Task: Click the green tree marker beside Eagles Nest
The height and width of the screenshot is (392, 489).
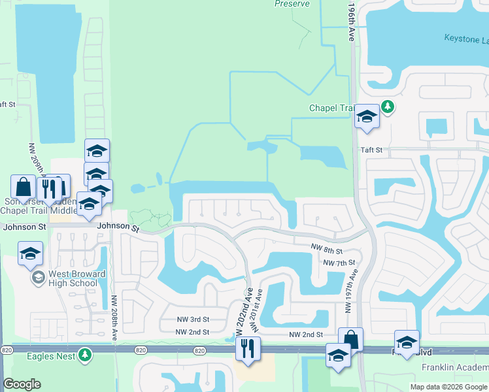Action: (x=84, y=355)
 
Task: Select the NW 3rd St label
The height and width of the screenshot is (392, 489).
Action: (x=192, y=319)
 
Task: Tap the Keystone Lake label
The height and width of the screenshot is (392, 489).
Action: (x=465, y=39)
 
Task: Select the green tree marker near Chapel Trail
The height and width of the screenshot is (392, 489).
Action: (x=388, y=106)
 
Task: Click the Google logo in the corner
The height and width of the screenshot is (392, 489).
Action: (x=22, y=384)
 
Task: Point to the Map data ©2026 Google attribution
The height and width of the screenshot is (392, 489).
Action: (x=448, y=387)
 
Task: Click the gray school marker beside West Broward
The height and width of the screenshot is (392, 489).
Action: (x=39, y=278)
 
